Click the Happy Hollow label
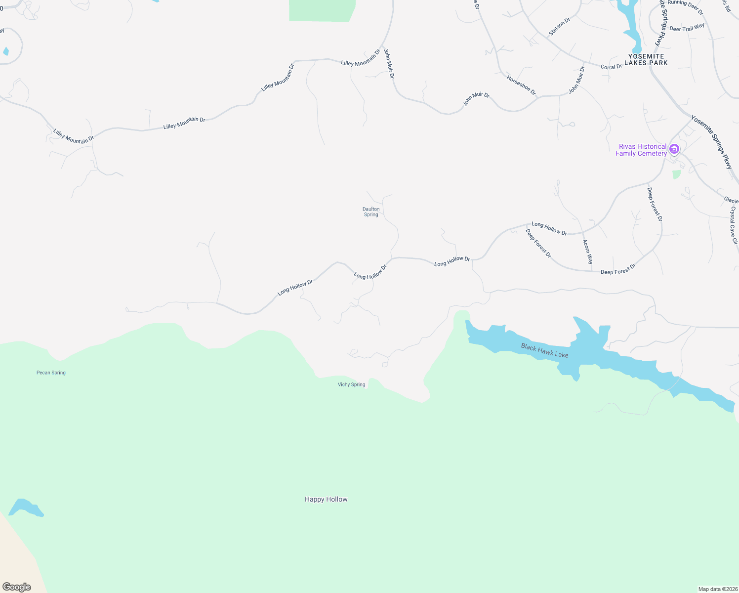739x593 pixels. click(x=326, y=499)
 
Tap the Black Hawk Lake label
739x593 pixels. click(x=544, y=351)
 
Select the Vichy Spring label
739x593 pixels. click(x=351, y=384)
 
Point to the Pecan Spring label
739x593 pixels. click(x=51, y=373)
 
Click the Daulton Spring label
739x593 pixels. click(x=371, y=212)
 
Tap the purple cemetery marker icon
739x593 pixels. click(x=674, y=149)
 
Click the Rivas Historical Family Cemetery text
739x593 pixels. click(x=641, y=150)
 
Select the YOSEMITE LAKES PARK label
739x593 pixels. click(x=646, y=60)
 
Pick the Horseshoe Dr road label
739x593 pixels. click(x=521, y=85)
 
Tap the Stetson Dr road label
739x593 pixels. click(x=560, y=27)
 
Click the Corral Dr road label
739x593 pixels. click(x=611, y=67)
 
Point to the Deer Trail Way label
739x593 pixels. click(x=687, y=28)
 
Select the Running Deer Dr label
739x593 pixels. click(x=685, y=7)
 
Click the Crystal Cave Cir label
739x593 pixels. click(x=733, y=225)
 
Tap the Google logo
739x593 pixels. click(x=17, y=587)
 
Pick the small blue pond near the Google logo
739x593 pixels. click(x=26, y=508)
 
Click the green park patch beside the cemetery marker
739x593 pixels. click(x=676, y=174)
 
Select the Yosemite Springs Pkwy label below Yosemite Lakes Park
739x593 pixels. click(x=711, y=142)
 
